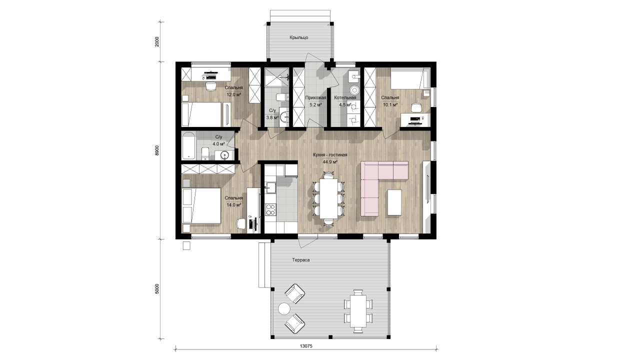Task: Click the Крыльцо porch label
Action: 298,37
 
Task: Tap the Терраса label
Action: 301,260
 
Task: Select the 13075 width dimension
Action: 306,346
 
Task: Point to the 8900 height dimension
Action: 156,150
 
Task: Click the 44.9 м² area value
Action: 330,161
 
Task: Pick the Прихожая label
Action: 315,97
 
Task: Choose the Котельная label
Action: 345,97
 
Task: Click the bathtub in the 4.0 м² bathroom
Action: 189,145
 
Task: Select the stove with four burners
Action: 270,209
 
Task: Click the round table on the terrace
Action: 284,308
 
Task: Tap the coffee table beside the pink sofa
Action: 394,202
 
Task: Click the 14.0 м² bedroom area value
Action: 234,205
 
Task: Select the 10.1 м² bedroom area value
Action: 390,104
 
